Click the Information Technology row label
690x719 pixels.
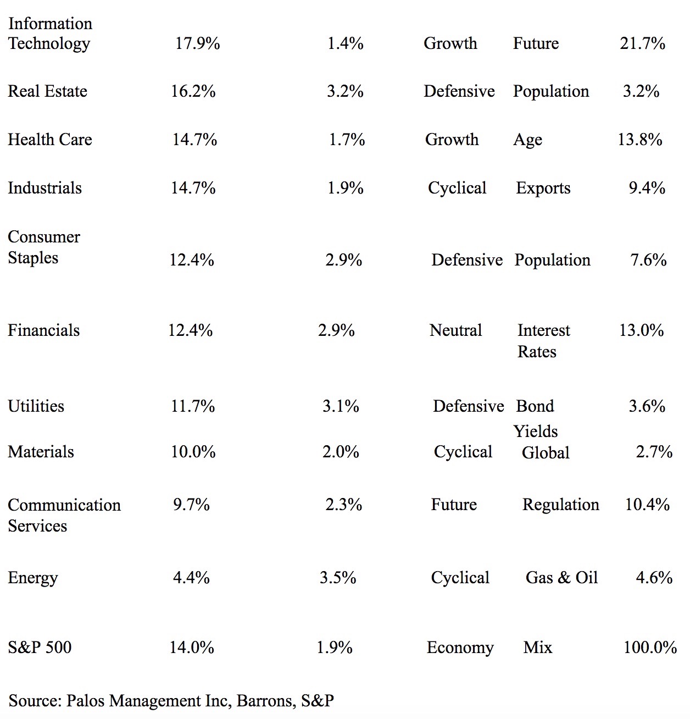coord(49,34)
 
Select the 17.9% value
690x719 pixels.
coord(198,43)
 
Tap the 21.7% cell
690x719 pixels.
coord(642,43)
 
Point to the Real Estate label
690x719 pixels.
coord(48,91)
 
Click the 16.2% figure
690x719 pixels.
coord(193,91)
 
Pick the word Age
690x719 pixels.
coord(527,140)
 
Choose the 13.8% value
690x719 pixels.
coord(639,140)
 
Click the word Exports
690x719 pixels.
coord(543,188)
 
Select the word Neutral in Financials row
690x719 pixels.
coord(455,330)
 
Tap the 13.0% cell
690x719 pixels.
coord(641,330)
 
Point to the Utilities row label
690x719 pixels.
coord(36,406)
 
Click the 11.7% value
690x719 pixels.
coord(193,406)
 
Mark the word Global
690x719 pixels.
coord(546,452)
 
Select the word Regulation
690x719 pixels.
coord(560,505)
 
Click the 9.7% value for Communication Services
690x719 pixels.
coord(191,505)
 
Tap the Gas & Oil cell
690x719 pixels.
coord(561,578)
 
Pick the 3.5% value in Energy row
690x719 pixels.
coord(338,578)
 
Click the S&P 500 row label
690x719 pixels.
coord(40,648)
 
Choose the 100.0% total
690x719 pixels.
coord(650,648)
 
